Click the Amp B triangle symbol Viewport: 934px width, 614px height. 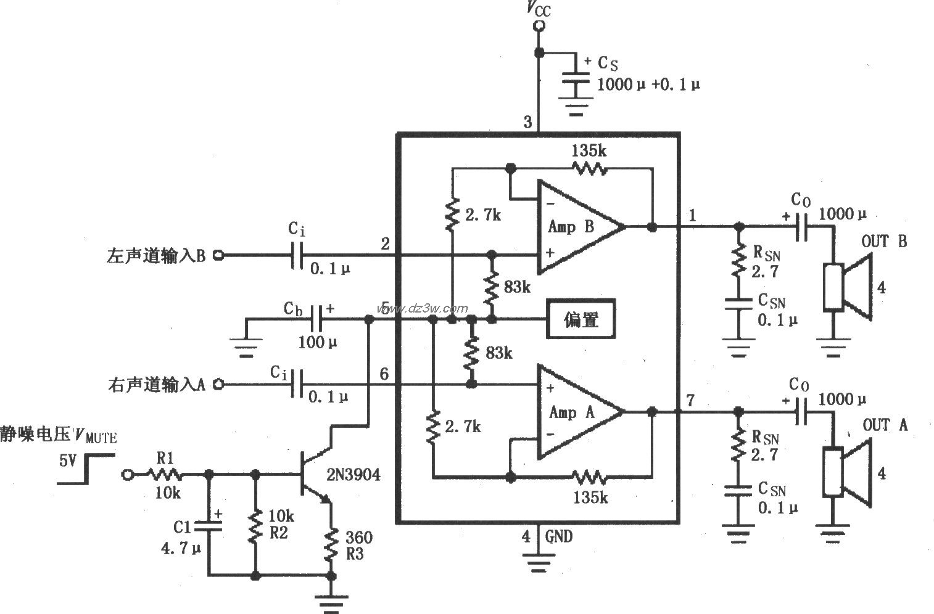click(x=577, y=226)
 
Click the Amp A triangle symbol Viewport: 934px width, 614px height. click(x=577, y=412)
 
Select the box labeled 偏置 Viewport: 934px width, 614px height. click(x=581, y=319)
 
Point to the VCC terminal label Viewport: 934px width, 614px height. click(x=539, y=9)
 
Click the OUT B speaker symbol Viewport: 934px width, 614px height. click(x=849, y=286)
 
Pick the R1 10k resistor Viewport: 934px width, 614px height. click(x=164, y=474)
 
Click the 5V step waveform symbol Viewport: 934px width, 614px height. click(x=86, y=469)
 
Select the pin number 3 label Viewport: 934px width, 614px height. click(x=527, y=122)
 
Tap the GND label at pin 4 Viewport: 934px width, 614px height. click(x=558, y=536)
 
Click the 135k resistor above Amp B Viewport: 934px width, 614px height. click(x=589, y=168)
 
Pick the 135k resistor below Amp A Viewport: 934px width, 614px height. click(x=589, y=477)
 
